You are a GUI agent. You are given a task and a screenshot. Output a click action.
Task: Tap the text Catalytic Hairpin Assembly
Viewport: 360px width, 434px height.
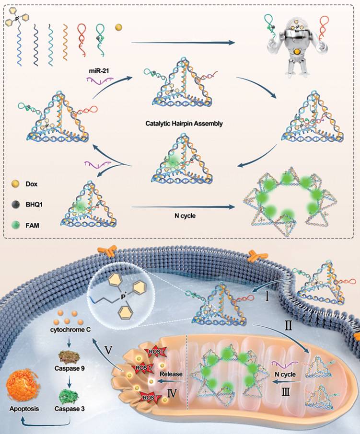pos(184,124)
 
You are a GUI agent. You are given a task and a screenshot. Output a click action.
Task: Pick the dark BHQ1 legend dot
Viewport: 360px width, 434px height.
pos(15,205)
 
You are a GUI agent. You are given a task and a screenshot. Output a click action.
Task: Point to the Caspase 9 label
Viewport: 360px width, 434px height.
pos(70,368)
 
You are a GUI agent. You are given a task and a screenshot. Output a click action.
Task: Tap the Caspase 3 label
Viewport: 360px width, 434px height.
pos(70,409)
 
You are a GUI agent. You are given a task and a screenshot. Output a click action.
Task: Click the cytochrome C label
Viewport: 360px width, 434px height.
pos(70,330)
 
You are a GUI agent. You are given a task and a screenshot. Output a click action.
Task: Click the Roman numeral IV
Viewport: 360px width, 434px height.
pos(172,393)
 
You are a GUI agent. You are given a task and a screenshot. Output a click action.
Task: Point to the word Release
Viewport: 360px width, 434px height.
pos(171,374)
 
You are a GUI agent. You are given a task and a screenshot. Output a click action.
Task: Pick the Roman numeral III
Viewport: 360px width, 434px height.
pos(286,392)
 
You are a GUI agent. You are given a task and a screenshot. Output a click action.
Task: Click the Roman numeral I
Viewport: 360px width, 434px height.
pos(267,297)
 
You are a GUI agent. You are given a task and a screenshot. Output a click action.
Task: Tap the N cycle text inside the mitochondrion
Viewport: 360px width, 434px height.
pos(285,374)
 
